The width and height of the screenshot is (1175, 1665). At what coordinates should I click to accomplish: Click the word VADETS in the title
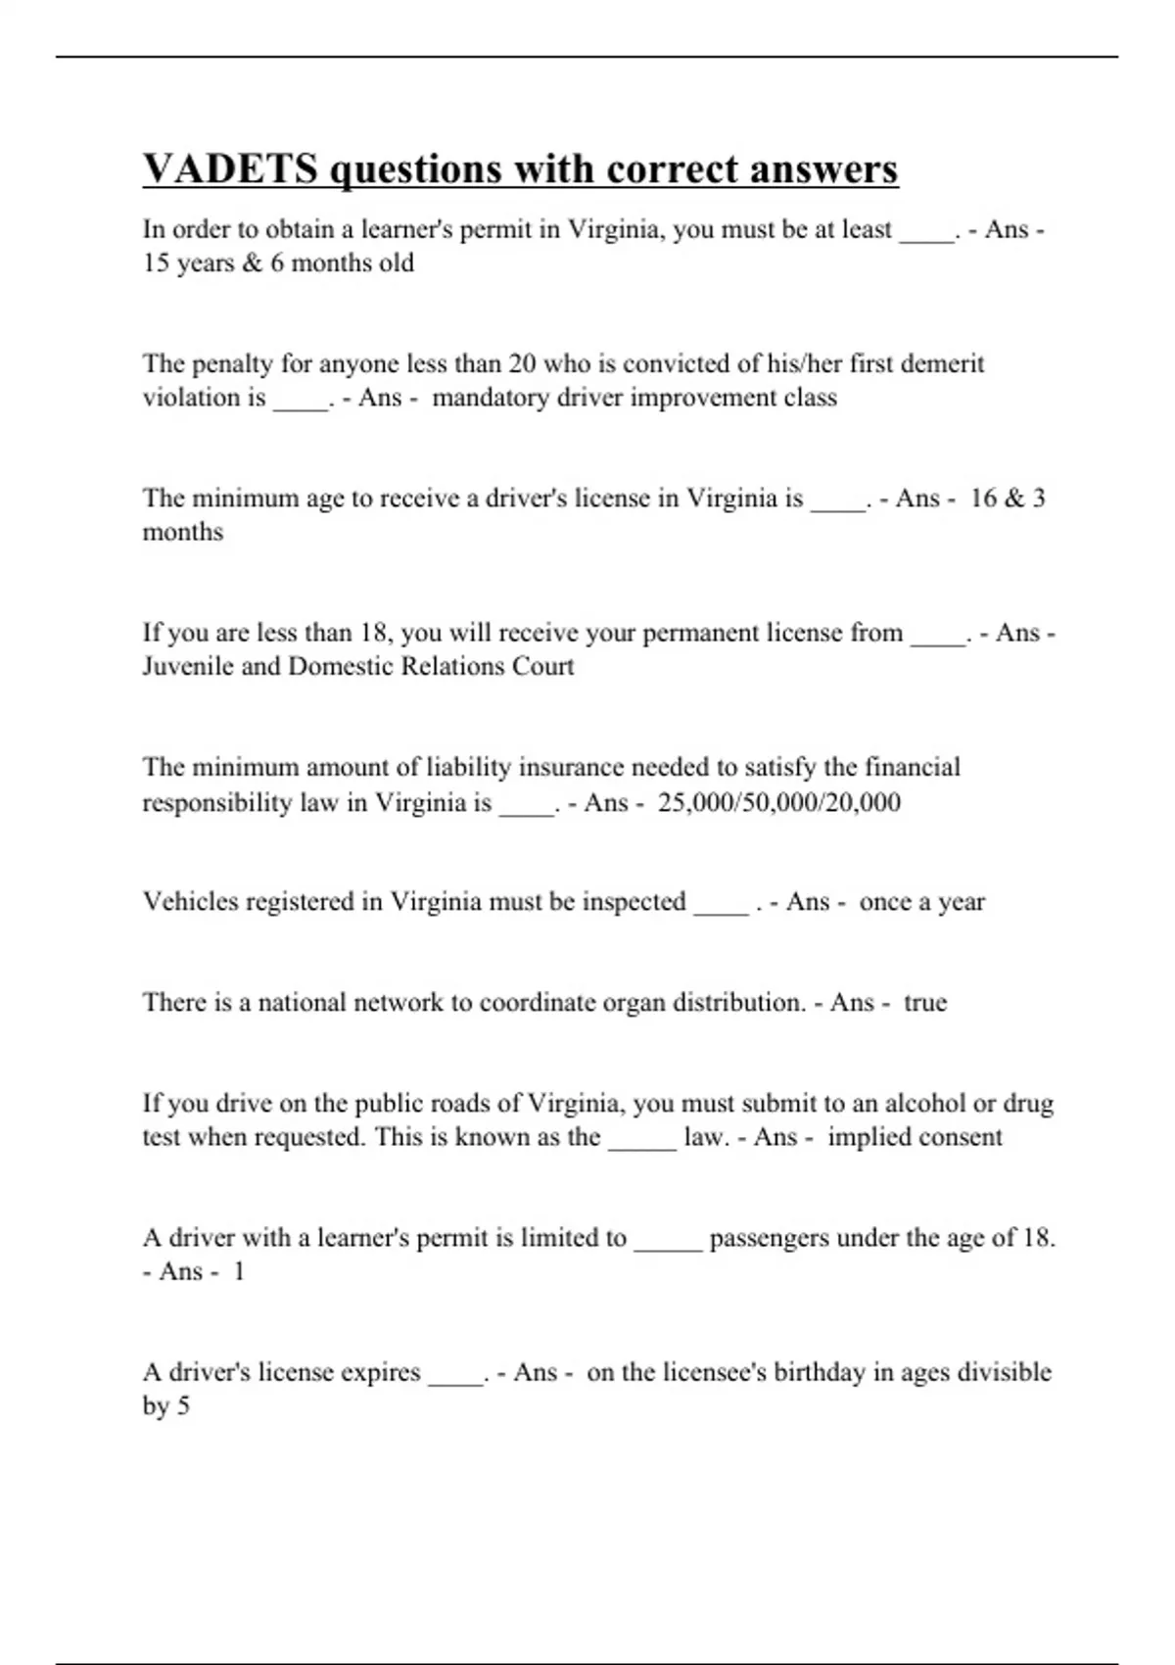pos(230,168)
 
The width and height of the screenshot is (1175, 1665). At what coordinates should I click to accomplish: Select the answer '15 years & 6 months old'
pos(278,262)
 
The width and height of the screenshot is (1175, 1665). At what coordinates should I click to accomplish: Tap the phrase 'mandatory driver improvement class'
pos(634,397)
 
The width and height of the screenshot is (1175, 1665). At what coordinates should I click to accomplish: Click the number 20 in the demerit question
pos(522,363)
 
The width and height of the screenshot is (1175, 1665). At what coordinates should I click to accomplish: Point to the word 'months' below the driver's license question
pos(183,532)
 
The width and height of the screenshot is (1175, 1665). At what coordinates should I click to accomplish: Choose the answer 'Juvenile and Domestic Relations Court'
pos(358,666)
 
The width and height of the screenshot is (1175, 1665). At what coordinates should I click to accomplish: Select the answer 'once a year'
pos(921,901)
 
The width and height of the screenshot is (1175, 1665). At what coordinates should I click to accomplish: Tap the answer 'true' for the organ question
pos(925,1002)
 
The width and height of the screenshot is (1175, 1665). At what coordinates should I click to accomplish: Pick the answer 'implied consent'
pos(915,1136)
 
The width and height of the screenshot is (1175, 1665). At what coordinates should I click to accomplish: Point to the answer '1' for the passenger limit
pos(238,1271)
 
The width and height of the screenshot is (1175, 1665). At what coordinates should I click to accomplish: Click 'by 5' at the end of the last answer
pos(166,1405)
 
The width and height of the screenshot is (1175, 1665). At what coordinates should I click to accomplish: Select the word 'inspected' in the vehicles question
pos(634,901)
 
